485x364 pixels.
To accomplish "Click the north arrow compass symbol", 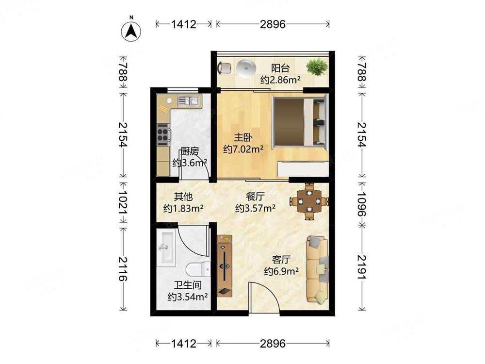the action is tap(131, 30).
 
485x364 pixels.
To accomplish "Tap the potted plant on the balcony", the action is tap(317, 66).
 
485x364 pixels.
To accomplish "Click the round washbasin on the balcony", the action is tap(246, 67).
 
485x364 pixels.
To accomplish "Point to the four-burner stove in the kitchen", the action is tap(162, 134).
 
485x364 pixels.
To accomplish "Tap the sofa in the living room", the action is tap(317, 269).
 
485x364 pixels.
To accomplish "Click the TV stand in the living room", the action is tap(225, 266).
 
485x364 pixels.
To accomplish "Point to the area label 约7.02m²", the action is tap(243, 149).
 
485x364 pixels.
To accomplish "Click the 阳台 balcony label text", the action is tap(280, 68).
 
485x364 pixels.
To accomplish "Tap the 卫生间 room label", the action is tap(188, 285).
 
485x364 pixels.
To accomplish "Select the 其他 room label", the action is tap(183, 197).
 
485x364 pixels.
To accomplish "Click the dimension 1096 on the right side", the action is tap(362, 204).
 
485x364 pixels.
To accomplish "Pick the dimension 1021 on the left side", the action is tap(123, 202).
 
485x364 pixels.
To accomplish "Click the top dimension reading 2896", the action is tap(273, 24).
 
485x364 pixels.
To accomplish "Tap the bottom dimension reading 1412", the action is tap(184, 344).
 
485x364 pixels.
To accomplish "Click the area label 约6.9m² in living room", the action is tap(281, 271).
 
